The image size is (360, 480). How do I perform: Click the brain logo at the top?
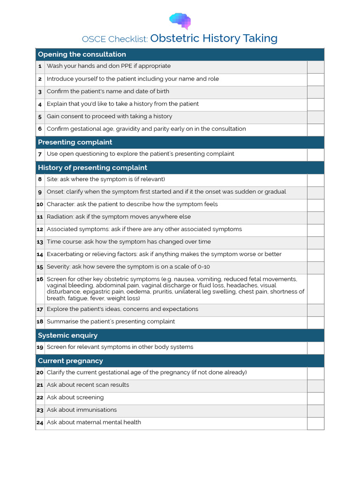tap(180, 21)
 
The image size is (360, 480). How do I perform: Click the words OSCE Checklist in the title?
tap(115, 39)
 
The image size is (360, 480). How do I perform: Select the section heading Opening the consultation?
tap(82, 54)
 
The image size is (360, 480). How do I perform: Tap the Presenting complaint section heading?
tap(75, 142)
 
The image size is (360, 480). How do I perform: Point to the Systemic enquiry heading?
tap(67, 335)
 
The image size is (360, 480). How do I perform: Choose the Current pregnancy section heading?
tap(70, 360)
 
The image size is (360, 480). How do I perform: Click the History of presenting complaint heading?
tap(92, 167)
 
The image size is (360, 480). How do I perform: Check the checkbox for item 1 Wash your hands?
tap(315, 67)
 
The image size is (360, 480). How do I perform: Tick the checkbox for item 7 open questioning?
tap(315, 154)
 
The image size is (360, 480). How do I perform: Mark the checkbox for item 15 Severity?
tap(315, 267)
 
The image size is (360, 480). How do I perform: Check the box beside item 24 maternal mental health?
tap(315, 423)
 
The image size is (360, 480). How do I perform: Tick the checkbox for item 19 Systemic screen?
tap(315, 347)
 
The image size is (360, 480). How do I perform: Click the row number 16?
tap(40, 279)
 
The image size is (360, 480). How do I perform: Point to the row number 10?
tap(40, 205)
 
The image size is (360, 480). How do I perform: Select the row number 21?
tap(40, 385)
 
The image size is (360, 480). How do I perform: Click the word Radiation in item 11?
tap(60, 217)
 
